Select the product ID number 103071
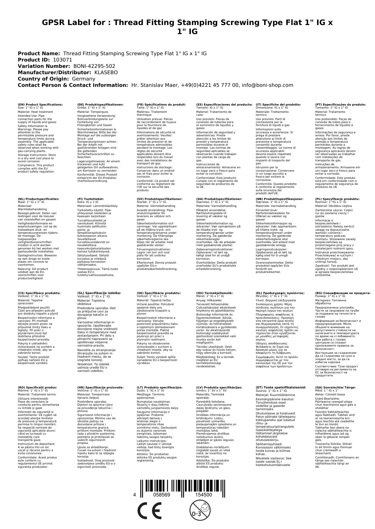(x=63, y=60)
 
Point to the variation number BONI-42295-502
(x=94, y=66)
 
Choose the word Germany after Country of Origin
(x=84, y=79)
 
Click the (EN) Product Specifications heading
(x=40, y=104)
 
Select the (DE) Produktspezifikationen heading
(x=100, y=104)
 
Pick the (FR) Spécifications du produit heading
(x=161, y=104)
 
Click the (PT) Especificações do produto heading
(x=340, y=104)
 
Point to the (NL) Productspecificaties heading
(x=38, y=199)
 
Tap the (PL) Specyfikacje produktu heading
(x=337, y=199)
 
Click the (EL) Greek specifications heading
(x=280, y=293)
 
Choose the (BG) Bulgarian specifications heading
(x=343, y=293)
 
